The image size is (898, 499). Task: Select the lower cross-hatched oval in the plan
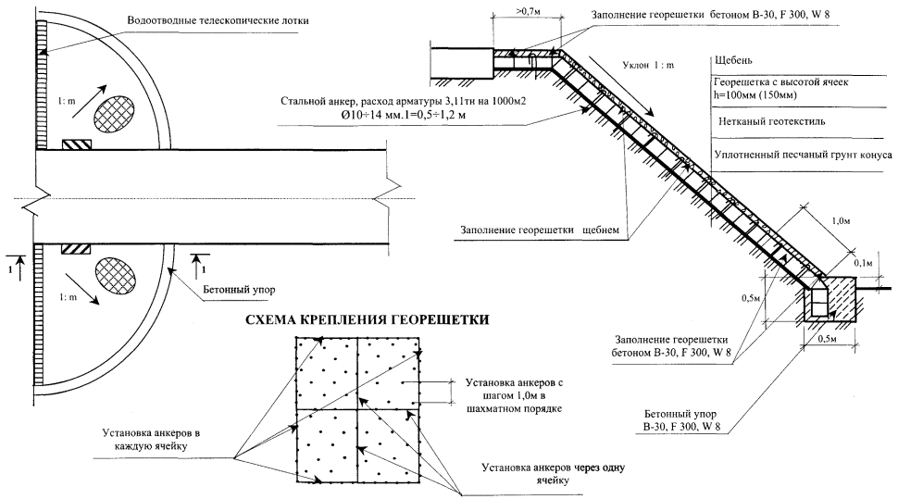coord(117,277)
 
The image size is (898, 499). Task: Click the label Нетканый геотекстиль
coord(776,121)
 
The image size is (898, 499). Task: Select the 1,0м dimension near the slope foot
coord(841,223)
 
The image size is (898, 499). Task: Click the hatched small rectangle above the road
coord(77,144)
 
